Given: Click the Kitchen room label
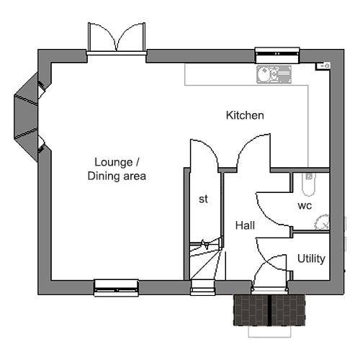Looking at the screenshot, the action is tap(245, 115).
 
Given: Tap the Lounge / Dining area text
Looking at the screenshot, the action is tap(117, 169).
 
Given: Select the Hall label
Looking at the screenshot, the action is tap(245, 225).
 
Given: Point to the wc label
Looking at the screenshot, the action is tap(305, 206).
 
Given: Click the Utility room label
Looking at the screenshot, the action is tap(311, 258).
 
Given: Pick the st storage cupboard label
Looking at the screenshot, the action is tap(203, 199).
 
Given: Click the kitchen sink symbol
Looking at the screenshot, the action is tap(274, 74).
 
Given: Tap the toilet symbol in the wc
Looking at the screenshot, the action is tap(308, 184).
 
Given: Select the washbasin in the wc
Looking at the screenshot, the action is tap(322, 222).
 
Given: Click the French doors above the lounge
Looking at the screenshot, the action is tap(117, 38).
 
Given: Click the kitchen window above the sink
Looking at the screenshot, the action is tap(277, 55).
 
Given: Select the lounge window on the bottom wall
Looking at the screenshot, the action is tap(116, 287).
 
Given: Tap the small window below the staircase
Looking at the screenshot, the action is tap(203, 287).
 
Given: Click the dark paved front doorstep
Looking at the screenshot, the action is tap(269, 310).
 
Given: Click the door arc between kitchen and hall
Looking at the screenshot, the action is tap(247, 143).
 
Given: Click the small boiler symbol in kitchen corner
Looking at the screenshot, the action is tap(323, 66).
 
